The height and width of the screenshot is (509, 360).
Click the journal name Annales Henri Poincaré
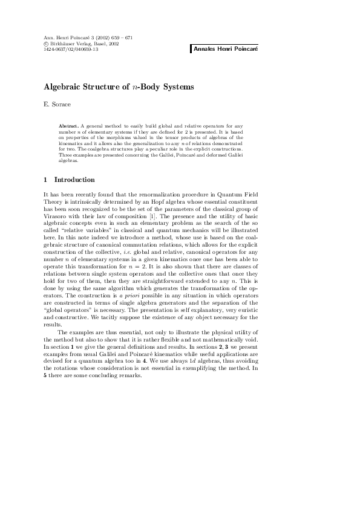(225, 48)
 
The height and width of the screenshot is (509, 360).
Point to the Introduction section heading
(74, 180)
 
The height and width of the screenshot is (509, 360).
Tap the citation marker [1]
(152, 215)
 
